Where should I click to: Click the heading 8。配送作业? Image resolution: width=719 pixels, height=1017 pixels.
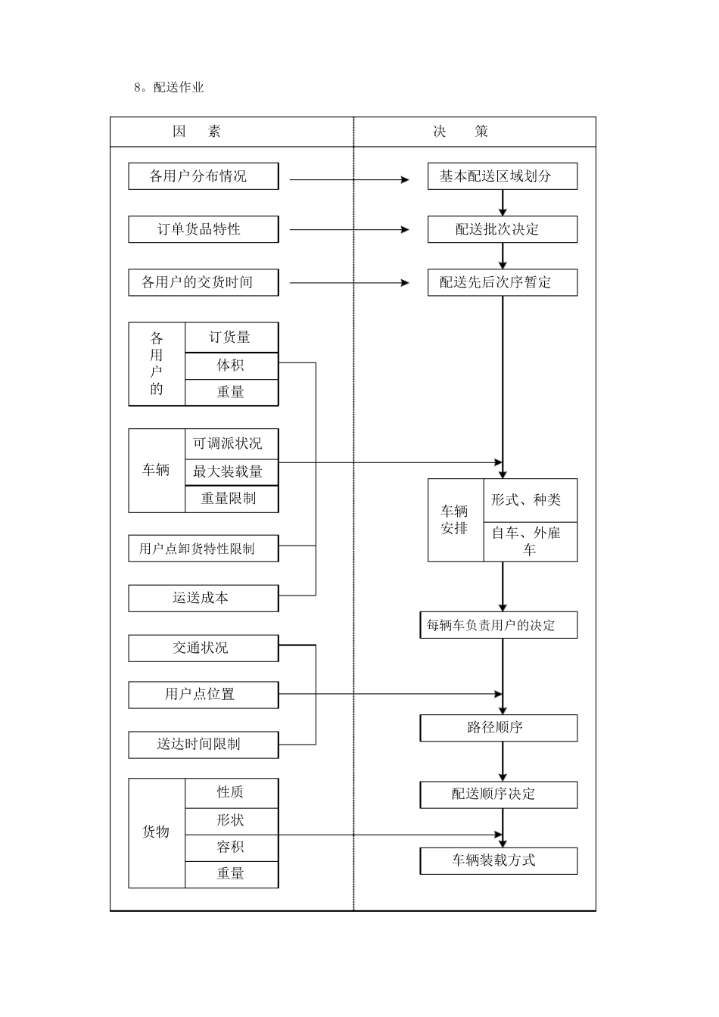tap(169, 87)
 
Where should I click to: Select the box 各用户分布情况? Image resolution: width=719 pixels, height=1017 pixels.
tap(203, 176)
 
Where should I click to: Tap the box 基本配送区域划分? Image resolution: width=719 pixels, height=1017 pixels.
tap(502, 176)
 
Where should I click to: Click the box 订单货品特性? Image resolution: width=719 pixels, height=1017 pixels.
tap(203, 229)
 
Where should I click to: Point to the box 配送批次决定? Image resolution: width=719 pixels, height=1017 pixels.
tap(502, 229)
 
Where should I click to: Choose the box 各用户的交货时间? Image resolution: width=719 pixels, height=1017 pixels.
tap(203, 282)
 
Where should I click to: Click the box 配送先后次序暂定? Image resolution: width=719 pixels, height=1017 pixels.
tap(502, 282)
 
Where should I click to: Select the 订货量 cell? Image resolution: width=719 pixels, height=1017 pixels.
tap(231, 337)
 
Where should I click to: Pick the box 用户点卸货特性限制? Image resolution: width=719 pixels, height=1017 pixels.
tap(203, 549)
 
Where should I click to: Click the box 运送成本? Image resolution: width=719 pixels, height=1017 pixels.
tap(203, 598)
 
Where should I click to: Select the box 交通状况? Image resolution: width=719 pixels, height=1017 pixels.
tap(203, 648)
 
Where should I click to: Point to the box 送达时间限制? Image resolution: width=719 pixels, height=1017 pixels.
tap(203, 744)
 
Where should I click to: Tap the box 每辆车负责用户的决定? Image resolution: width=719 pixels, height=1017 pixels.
tap(498, 625)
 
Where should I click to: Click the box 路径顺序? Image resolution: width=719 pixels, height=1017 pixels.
tap(498, 728)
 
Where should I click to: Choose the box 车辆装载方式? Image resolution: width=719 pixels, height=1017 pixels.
tap(498, 860)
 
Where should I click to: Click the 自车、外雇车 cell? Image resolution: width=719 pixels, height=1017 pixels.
tap(530, 541)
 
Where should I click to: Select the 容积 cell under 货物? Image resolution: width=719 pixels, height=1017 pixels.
tap(231, 847)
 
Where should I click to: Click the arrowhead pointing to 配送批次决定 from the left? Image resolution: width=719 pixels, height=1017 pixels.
tap(405, 229)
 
